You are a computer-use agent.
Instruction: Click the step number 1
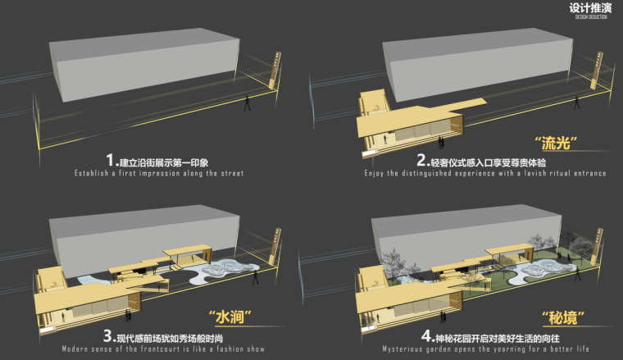click(x=111, y=160)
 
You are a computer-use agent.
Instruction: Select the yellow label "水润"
click(x=230, y=317)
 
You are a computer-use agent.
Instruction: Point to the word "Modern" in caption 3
click(x=78, y=349)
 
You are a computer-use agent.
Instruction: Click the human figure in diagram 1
click(x=248, y=106)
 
